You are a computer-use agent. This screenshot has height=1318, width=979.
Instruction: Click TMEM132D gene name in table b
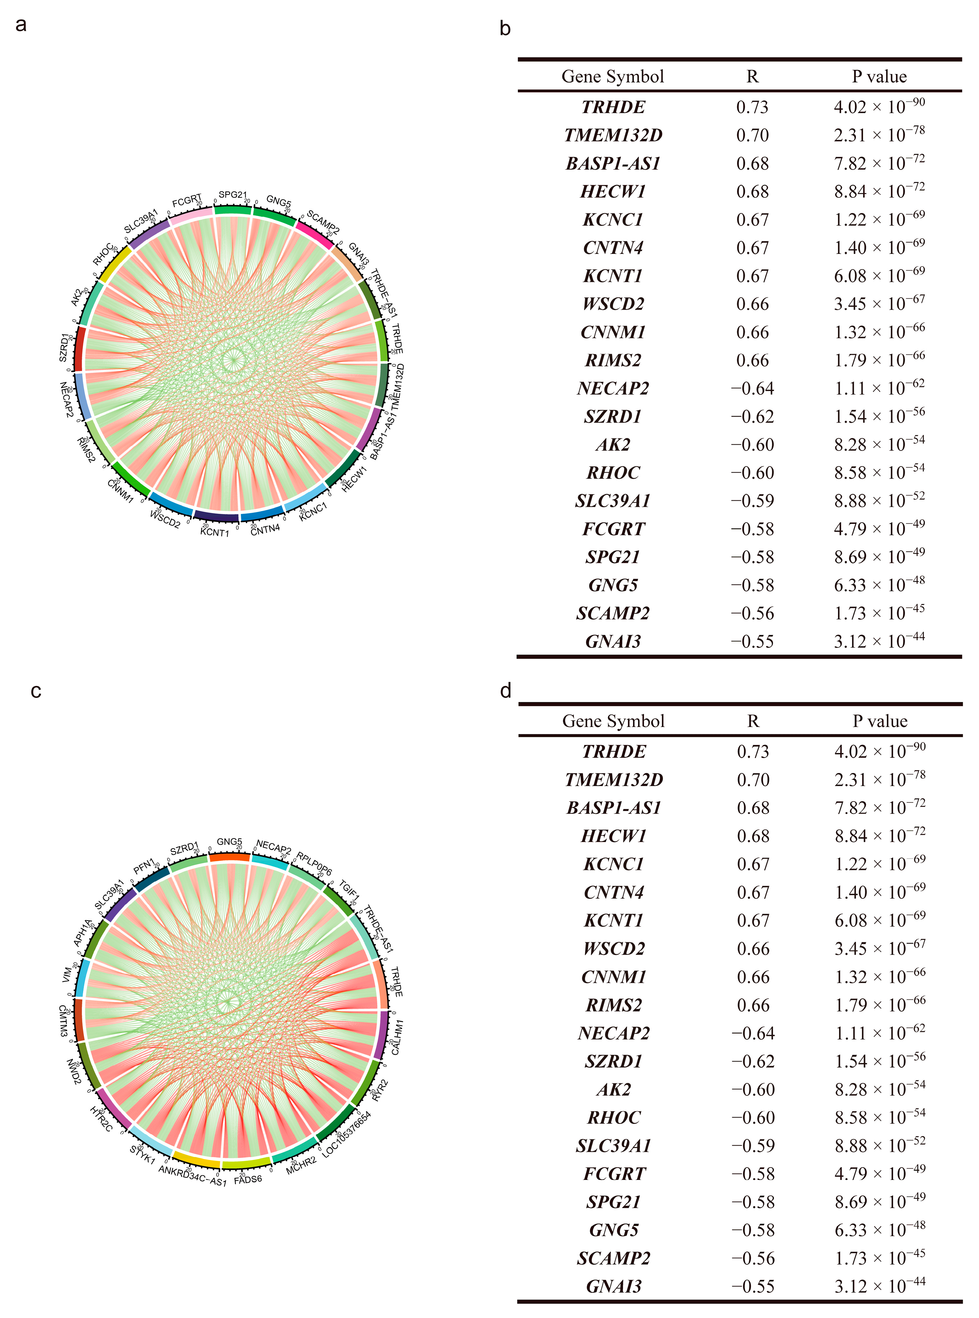613,135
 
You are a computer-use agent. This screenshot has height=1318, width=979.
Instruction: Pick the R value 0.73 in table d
753,752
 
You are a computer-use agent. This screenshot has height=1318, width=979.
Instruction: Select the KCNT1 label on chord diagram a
215,532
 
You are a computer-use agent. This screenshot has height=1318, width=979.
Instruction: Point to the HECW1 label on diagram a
354,478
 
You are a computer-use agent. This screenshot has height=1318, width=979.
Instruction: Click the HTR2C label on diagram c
101,1118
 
